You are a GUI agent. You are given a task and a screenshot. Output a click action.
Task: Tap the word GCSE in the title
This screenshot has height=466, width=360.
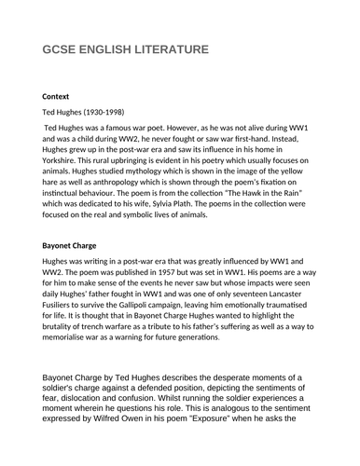tap(61, 49)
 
